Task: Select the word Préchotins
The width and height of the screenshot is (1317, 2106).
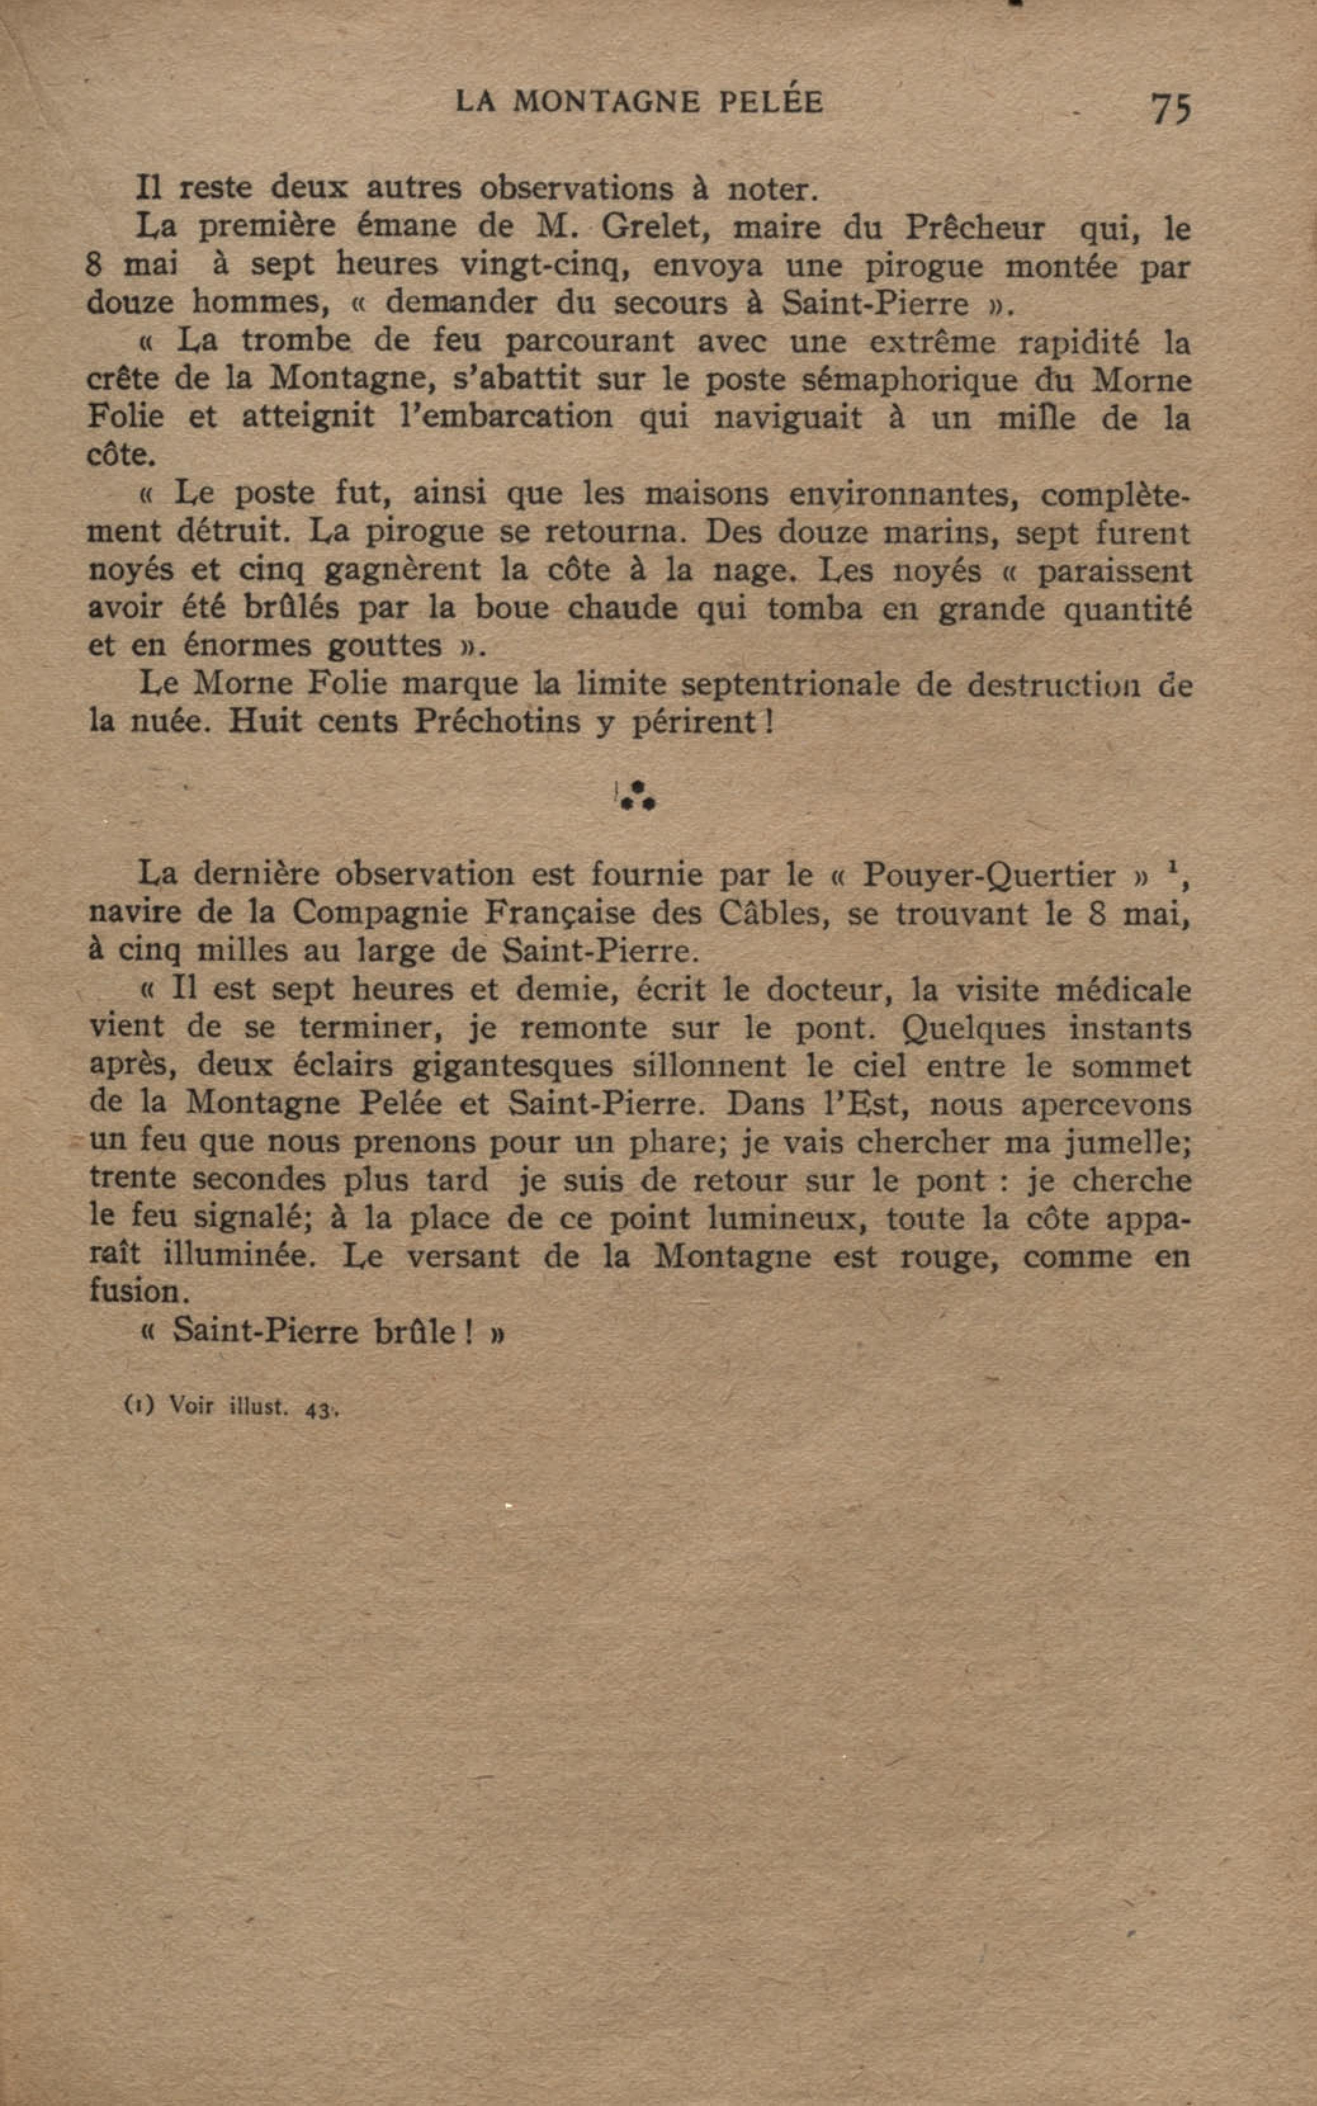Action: [496, 722]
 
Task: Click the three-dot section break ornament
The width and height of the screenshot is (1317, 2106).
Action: [637, 795]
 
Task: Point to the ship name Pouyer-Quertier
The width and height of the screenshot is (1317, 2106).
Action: [988, 875]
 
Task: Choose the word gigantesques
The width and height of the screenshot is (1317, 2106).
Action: [512, 1066]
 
